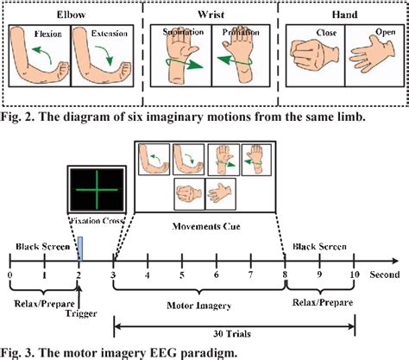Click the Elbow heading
coord(68,16)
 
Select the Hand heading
coord(343,16)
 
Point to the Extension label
coord(100,36)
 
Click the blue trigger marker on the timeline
coord(79,248)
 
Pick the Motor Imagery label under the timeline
coord(199,303)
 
